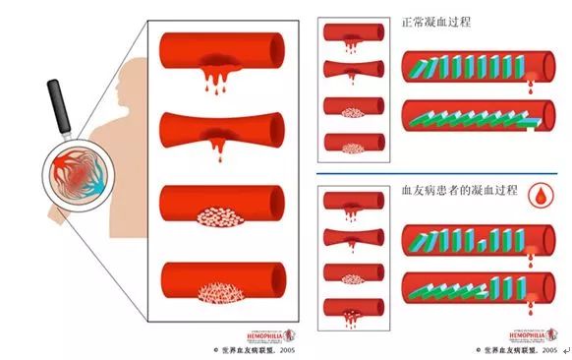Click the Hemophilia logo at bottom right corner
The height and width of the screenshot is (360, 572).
pyautogui.click(x=529, y=335)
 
